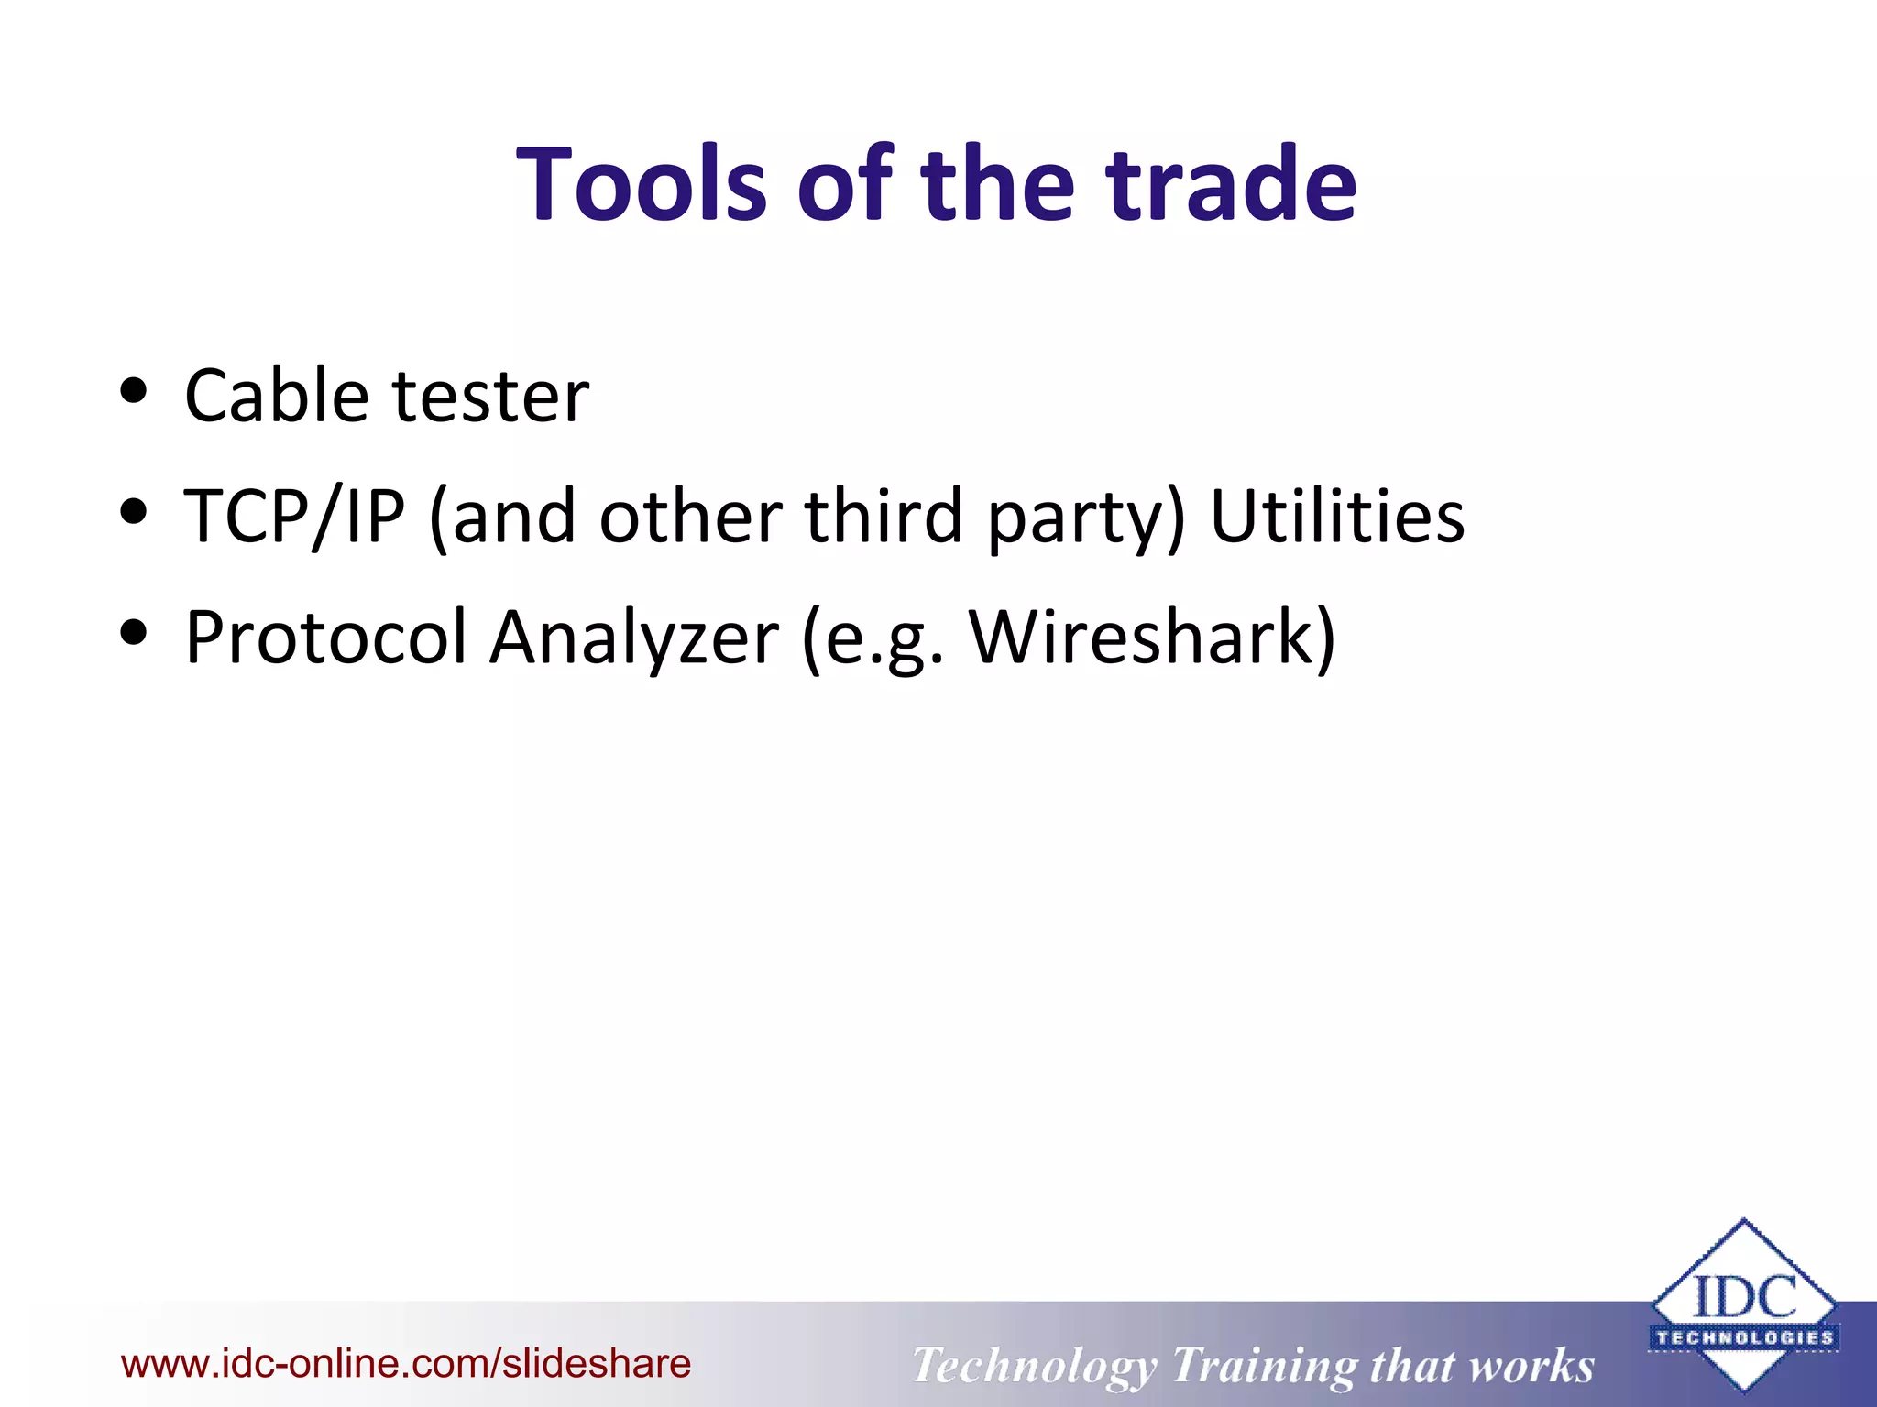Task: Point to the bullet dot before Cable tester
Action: click(134, 390)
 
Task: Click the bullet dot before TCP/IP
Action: click(134, 511)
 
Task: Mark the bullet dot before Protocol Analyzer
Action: click(134, 632)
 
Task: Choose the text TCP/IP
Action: click(293, 517)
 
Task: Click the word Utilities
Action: click(1337, 517)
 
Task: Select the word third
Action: click(884, 517)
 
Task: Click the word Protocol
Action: click(326, 638)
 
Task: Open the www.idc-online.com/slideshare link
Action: click(406, 1364)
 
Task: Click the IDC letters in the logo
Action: click(1744, 1296)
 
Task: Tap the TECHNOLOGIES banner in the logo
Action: click(1744, 1337)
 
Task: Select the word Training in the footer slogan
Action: click(1264, 1366)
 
